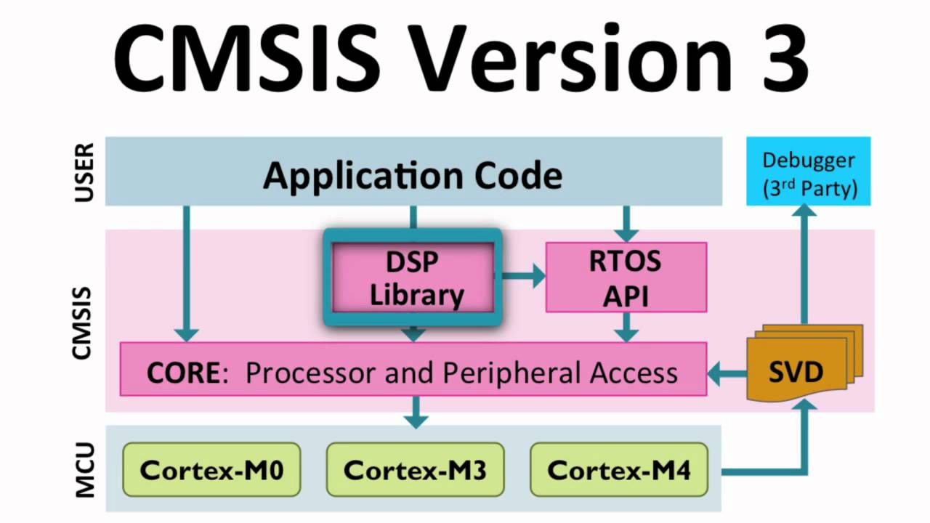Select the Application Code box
tap(413, 175)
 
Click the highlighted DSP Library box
tap(413, 277)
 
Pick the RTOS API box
tap(626, 279)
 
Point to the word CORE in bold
tap(182, 373)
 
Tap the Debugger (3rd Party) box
tap(809, 174)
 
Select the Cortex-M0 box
tap(211, 469)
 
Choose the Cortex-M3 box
tap(415, 469)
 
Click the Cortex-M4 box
tap(619, 469)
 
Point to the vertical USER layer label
tap(84, 173)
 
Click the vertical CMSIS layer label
tap(84, 323)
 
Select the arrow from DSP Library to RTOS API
tap(521, 276)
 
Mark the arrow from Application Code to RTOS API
tap(626, 223)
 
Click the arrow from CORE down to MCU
tap(415, 412)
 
